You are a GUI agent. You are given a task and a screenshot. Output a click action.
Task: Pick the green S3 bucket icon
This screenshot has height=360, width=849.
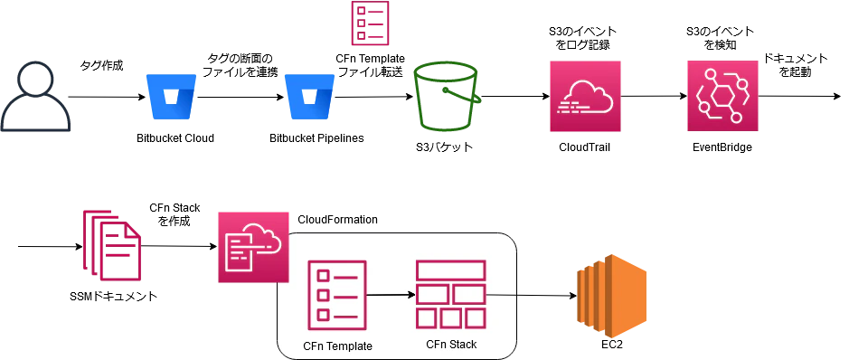click(449, 96)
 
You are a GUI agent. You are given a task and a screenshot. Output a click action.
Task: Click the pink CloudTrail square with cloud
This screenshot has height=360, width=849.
click(586, 96)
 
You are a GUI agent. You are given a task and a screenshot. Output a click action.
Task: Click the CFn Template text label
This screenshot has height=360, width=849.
click(337, 346)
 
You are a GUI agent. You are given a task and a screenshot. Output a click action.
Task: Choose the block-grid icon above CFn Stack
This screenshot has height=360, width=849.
click(450, 294)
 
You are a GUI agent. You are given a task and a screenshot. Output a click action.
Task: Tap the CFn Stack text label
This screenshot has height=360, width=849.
click(450, 345)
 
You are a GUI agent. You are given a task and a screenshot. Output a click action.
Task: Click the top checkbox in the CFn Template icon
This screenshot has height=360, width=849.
click(323, 274)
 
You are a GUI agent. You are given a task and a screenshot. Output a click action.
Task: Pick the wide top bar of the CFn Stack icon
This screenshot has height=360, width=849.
click(450, 270)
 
